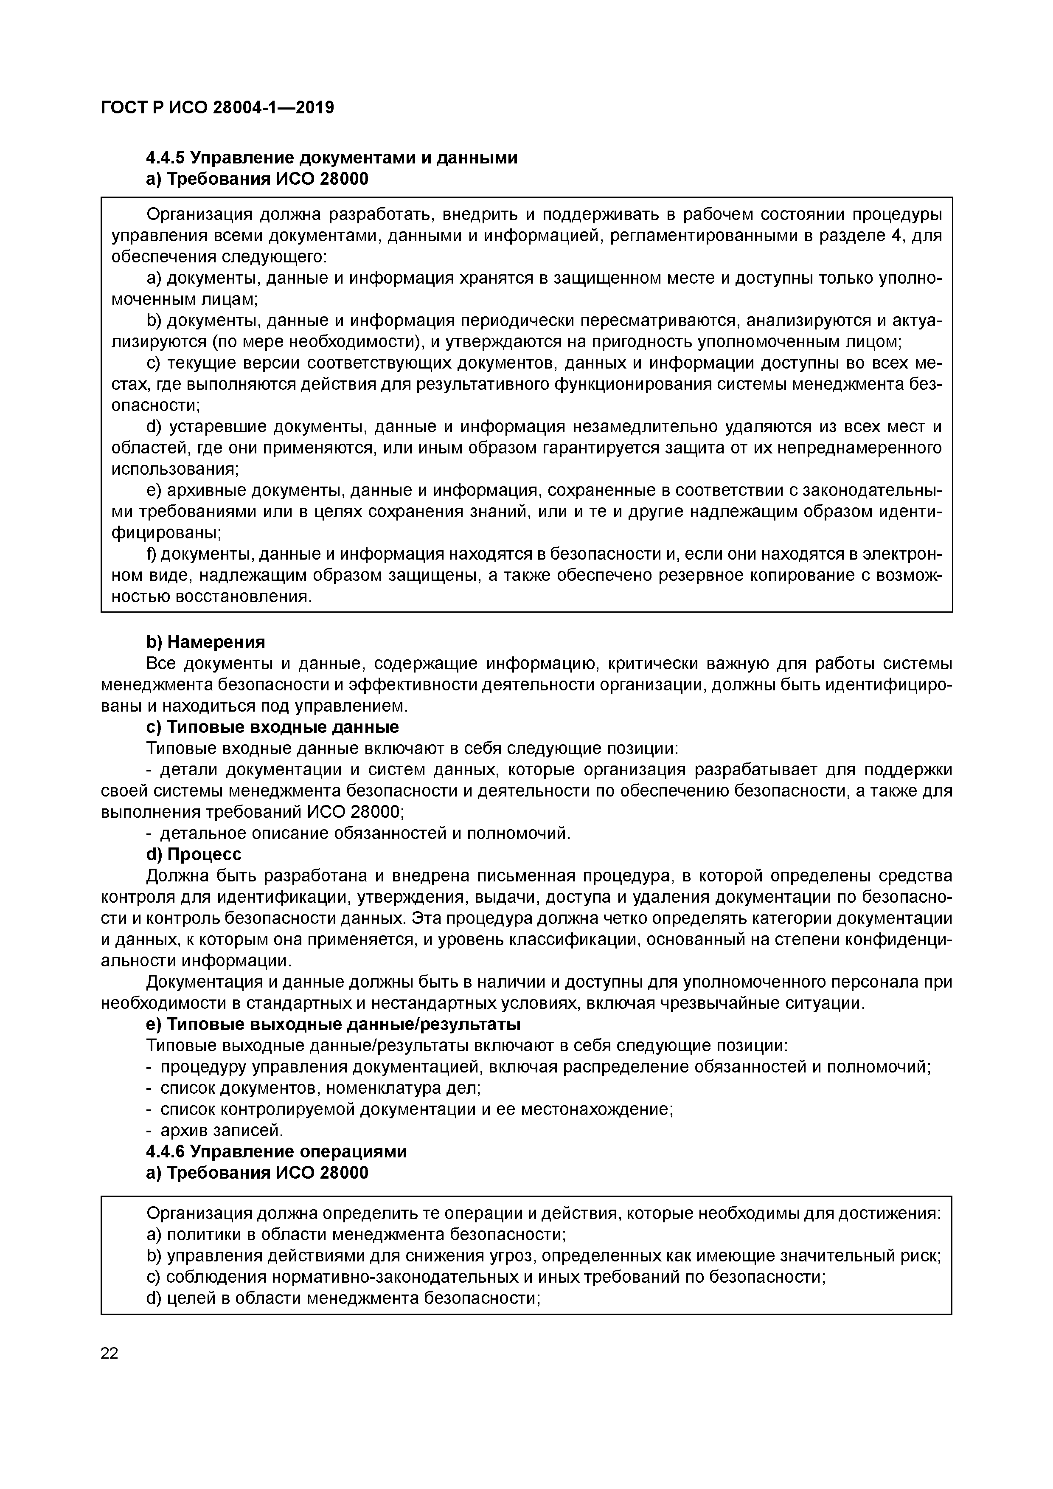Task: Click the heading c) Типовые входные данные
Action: point(272,727)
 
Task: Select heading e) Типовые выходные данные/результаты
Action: point(333,1024)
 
